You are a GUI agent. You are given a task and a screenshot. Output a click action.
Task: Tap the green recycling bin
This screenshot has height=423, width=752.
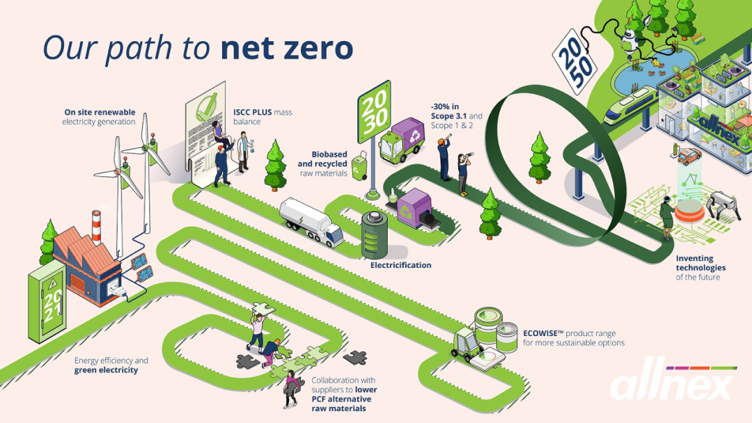point(360,168)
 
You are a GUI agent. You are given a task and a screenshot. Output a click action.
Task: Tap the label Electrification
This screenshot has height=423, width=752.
point(400,265)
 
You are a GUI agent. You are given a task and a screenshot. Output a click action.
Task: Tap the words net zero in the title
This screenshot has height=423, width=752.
point(286,48)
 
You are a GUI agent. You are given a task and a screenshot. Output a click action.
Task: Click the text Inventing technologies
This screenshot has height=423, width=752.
point(700,263)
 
